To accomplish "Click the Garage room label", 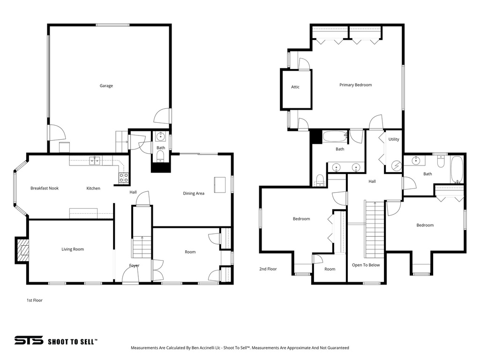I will pos(106,86).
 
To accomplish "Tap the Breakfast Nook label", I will pos(45,188).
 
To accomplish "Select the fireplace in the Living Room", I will pos(22,250).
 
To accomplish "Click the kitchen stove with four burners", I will pos(124,178).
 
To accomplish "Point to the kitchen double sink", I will pos(95,161).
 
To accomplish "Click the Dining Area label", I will pos(194,193).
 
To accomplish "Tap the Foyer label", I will pos(134,266).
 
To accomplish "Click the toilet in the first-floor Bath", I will pos(160,156).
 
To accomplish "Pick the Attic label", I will pos(295,87).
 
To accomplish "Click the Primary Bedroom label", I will pos(355,85).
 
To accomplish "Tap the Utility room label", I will pos(394,139).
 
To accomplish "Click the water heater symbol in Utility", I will pos(397,165).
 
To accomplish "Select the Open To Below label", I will pos(366,265).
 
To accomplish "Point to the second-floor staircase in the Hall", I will pos(375,230).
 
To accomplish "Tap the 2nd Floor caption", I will pos(268,269).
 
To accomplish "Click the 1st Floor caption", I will pos(35,300).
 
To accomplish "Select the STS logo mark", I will pos(29,341).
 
